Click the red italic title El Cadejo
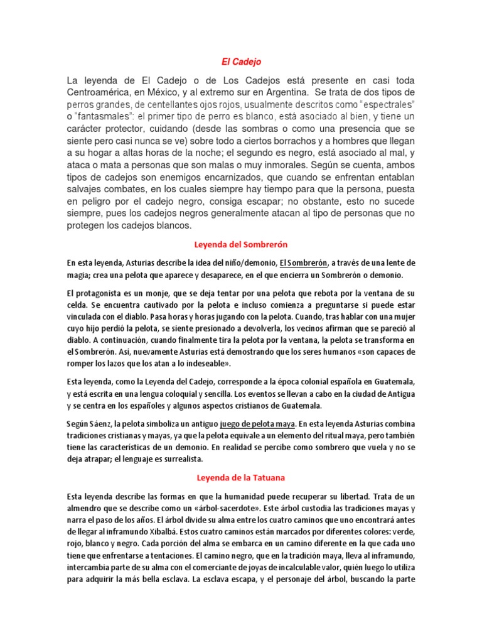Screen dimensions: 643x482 241,62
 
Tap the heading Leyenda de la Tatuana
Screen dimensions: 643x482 241,478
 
